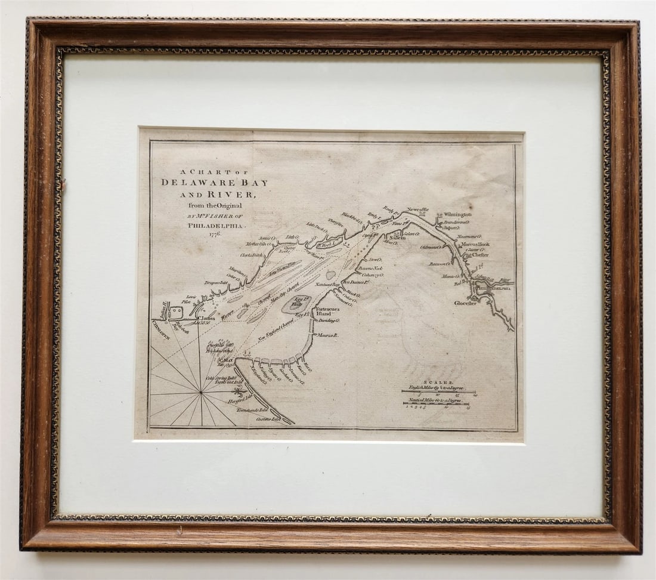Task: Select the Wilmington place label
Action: (x=457, y=214)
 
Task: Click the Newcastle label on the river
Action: (x=419, y=210)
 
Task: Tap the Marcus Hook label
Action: (x=475, y=244)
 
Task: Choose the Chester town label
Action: (x=480, y=255)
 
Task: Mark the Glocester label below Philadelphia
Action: (x=465, y=303)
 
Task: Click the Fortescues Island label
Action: (x=327, y=311)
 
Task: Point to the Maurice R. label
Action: (x=328, y=336)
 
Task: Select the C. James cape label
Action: (x=207, y=319)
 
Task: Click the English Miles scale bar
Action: (x=439, y=391)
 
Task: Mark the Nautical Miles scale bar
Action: (x=436, y=403)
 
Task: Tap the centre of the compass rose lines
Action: (x=201, y=392)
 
